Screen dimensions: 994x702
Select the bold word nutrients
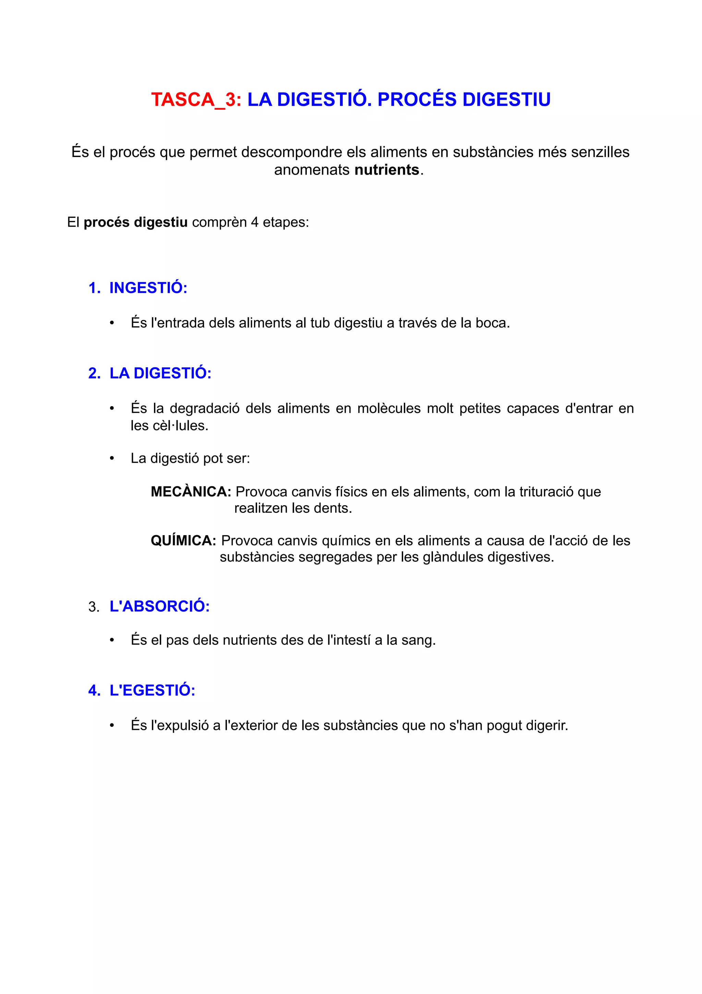pos(387,170)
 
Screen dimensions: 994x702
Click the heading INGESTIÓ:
pos(148,288)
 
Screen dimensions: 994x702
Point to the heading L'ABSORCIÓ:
pos(160,606)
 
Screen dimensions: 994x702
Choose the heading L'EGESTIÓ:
pos(152,690)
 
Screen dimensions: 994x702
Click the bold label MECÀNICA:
pos(191,492)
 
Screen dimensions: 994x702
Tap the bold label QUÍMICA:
pos(183,540)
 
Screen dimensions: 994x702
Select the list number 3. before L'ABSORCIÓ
pos(94,607)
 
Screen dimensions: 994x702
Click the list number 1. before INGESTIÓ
pos(94,288)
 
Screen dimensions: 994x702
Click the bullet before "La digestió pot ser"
pos(112,459)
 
